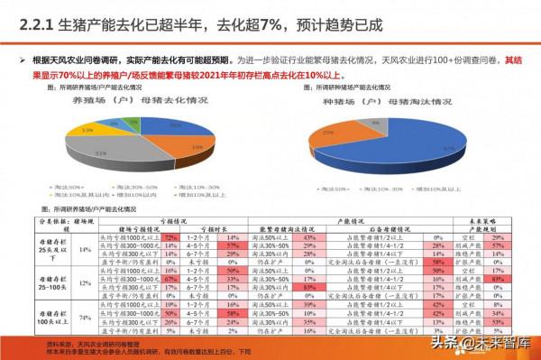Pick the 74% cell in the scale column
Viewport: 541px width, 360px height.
tap(82, 318)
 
